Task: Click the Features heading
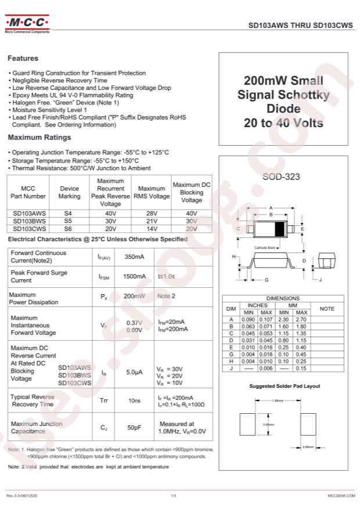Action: click(x=23, y=59)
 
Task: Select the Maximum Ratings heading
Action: click(x=39, y=138)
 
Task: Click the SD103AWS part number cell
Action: click(x=28, y=213)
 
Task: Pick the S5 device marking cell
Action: click(x=69, y=221)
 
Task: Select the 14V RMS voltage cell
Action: click(x=152, y=229)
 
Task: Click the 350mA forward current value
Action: click(x=134, y=257)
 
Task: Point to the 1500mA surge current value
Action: click(x=134, y=276)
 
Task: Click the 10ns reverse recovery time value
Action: click(x=134, y=400)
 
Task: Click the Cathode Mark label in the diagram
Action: click(x=265, y=248)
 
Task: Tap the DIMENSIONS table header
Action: click(x=283, y=298)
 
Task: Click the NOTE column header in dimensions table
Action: click(x=327, y=309)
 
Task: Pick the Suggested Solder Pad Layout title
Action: click(x=285, y=386)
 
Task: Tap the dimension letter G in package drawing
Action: click(x=266, y=280)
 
